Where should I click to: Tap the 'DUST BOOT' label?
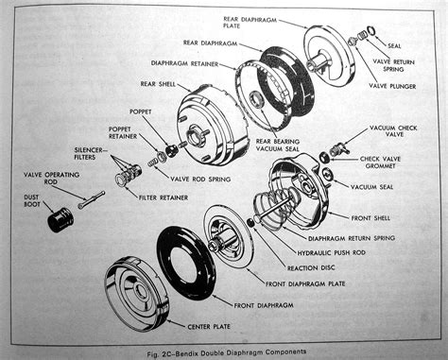pos(35,198)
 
